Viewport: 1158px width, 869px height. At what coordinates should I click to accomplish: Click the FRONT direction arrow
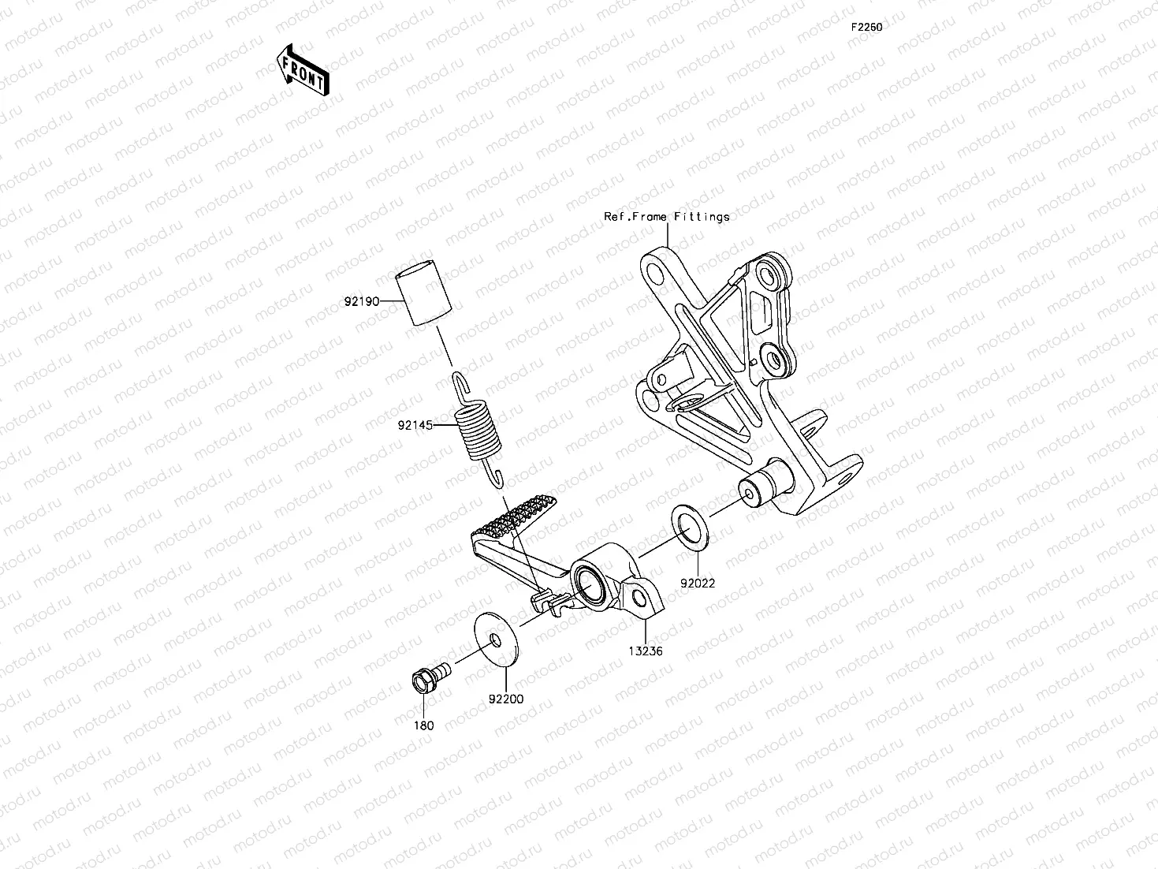click(303, 69)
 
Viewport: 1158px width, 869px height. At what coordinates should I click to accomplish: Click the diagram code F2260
click(866, 27)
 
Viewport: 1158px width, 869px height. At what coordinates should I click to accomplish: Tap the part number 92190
click(362, 301)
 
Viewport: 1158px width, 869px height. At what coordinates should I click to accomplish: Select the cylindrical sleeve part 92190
click(418, 297)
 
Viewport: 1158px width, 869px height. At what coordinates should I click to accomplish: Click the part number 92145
click(416, 425)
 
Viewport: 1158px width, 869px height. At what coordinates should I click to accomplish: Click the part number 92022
click(698, 584)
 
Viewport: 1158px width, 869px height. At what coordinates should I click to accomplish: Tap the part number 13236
click(645, 651)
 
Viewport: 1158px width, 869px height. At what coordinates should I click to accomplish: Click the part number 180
click(424, 725)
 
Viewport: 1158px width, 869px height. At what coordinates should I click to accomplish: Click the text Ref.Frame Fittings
click(667, 216)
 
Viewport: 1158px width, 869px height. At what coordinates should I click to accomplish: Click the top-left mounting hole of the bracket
click(654, 272)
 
